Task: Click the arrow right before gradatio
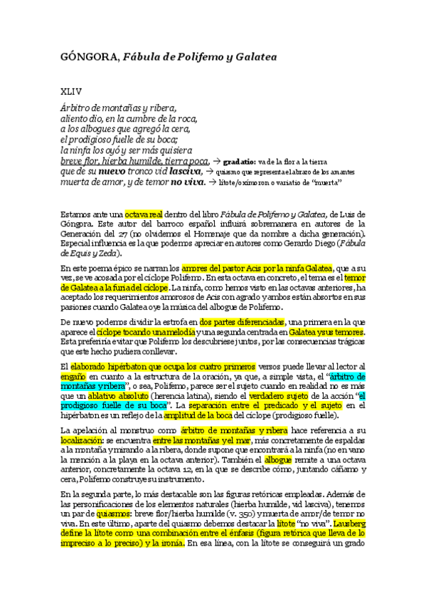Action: click(x=217, y=162)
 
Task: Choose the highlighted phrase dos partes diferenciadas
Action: click(x=242, y=323)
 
